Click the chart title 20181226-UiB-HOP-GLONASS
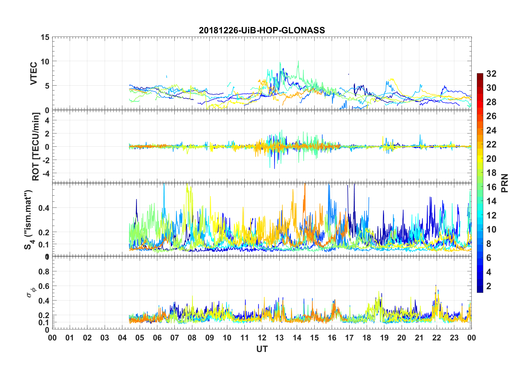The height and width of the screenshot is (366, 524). (262, 30)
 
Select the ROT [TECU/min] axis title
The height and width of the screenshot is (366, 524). (36, 146)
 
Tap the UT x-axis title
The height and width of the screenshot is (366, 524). (262, 349)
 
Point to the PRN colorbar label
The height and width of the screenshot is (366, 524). (505, 183)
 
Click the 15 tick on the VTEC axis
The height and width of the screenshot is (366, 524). (45, 37)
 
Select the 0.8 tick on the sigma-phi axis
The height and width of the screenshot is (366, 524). (44, 272)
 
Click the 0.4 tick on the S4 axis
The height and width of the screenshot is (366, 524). (44, 208)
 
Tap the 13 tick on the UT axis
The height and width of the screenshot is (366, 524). (279, 338)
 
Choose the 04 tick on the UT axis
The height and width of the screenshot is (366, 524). (122, 338)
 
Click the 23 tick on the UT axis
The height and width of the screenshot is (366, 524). (454, 338)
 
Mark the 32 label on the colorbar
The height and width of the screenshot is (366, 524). (491, 74)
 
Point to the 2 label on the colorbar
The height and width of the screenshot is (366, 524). (489, 286)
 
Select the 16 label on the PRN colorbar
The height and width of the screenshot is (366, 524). (491, 187)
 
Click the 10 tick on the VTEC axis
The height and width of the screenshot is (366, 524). (45, 61)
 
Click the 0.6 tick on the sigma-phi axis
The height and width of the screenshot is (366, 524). (44, 286)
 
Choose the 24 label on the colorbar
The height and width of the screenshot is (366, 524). (491, 130)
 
